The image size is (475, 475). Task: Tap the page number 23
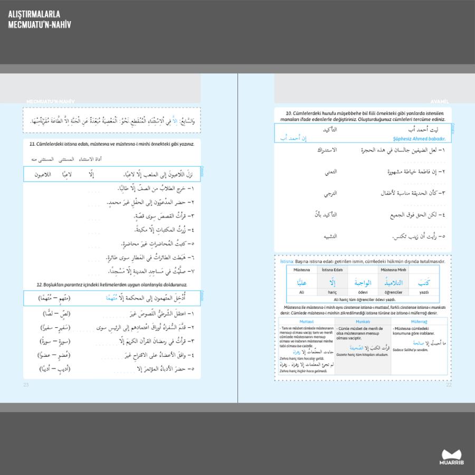tap(26, 384)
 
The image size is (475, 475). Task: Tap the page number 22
tap(449, 384)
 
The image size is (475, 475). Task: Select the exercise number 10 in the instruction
tap(289, 113)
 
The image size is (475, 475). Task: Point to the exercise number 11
tap(32, 144)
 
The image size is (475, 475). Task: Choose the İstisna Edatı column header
tap(332, 270)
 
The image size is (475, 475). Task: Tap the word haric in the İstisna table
tap(331, 292)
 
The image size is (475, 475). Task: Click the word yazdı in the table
tap(424, 292)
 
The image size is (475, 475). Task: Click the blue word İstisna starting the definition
tap(287, 261)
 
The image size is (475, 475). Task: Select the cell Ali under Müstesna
tap(302, 292)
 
